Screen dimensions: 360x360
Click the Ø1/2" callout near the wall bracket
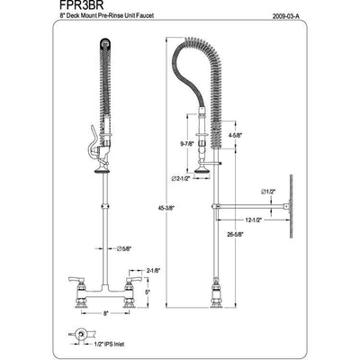pyautogui.click(x=269, y=191)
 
